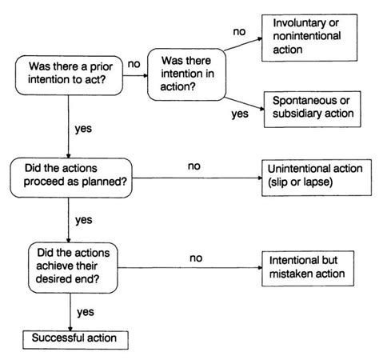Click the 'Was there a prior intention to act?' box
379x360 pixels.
point(69,75)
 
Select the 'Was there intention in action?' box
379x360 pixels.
point(187,74)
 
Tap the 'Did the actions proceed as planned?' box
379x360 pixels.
point(71,178)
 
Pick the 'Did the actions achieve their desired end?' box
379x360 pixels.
point(73,268)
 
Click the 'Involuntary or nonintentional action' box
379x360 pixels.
point(309,38)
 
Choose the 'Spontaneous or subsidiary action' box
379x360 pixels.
point(313,109)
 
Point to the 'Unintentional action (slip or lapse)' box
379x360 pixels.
point(317,178)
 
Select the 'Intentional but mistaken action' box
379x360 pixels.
point(308,268)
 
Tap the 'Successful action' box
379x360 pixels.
point(75,340)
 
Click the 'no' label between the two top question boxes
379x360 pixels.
point(134,64)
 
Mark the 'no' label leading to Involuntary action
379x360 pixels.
point(239,32)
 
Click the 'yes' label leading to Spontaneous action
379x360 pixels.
point(240,114)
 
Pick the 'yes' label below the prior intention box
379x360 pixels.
point(83,129)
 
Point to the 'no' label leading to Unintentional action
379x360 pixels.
point(194,166)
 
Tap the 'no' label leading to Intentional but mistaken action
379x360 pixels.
point(196,258)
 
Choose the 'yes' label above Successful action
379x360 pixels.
point(86,312)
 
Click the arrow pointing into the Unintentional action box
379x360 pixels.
point(197,178)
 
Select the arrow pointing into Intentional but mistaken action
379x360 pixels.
point(189,268)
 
